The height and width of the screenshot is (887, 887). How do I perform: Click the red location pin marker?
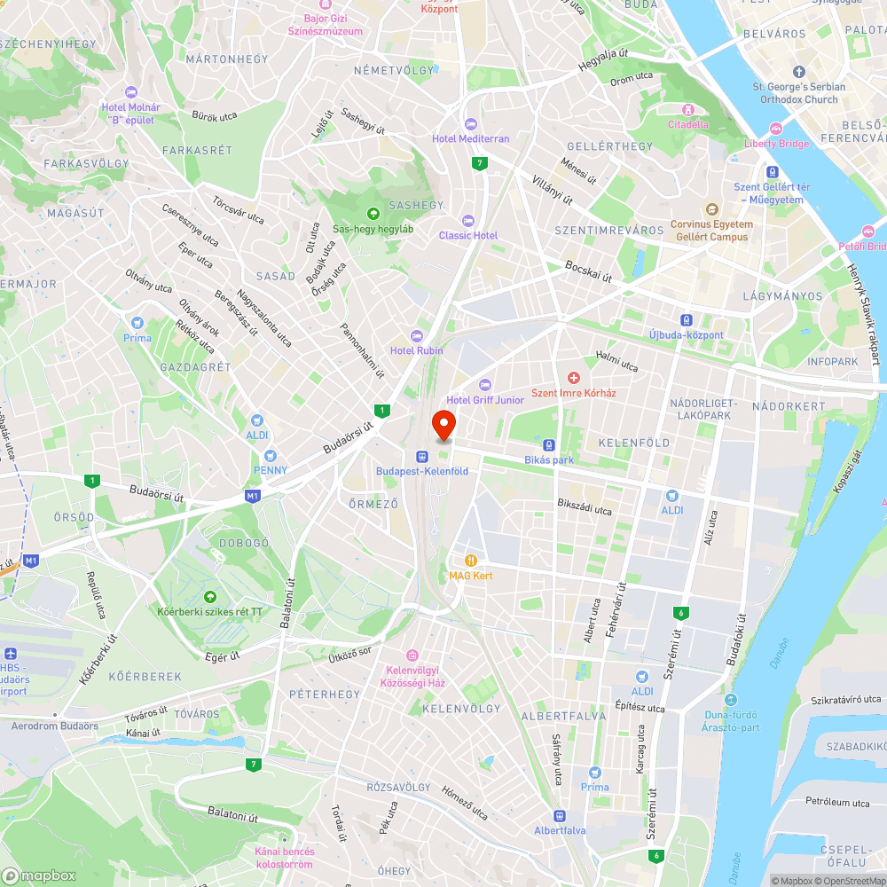click(443, 425)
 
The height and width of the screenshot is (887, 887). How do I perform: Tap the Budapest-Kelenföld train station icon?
click(422, 456)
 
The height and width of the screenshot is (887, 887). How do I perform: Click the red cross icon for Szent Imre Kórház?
click(573, 378)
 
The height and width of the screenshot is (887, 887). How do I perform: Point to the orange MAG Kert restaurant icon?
click(470, 561)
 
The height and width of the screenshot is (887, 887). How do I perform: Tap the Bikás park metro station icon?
click(549, 445)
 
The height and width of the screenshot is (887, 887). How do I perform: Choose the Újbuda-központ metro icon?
click(687, 319)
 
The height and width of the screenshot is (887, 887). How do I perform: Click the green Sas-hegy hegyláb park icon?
click(373, 213)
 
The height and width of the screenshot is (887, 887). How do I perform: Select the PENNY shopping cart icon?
click(270, 455)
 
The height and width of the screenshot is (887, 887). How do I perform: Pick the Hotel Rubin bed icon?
click(417, 335)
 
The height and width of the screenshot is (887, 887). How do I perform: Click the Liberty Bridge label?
click(776, 144)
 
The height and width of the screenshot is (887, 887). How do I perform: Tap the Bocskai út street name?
click(589, 271)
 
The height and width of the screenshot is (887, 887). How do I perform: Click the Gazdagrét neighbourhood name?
click(195, 366)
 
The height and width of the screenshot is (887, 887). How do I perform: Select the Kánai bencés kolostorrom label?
click(284, 858)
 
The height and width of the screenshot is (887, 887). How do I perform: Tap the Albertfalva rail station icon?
click(559, 815)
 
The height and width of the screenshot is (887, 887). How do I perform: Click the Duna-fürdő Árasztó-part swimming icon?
click(731, 700)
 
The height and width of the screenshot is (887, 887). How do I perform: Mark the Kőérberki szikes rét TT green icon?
click(209, 596)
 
